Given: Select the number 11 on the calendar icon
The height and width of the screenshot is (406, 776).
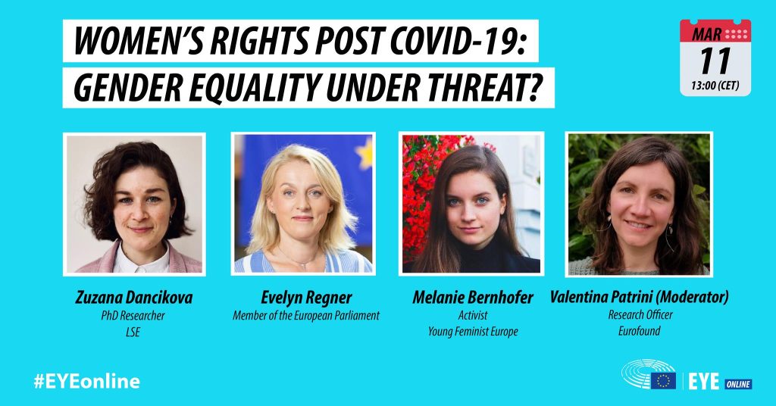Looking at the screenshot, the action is point(715,61).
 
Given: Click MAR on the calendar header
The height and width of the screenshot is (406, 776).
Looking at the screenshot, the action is point(706,34).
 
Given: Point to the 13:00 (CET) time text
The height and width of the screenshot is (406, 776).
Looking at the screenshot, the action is point(715,86).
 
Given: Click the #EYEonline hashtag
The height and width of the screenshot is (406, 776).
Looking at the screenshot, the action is point(86,381).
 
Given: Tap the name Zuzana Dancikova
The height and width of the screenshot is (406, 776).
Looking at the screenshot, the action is point(133,297).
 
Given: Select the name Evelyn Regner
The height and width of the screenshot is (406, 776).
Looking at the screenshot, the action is point(306,298).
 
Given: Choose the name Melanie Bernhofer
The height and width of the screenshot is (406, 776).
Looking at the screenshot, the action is point(473,297).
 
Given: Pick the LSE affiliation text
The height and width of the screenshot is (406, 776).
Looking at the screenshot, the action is point(133,332).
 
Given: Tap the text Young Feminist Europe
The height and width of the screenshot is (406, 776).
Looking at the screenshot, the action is point(473,331).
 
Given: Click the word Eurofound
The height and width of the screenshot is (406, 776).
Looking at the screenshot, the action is point(640,331).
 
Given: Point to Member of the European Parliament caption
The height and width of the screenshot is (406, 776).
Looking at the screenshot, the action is point(306,316).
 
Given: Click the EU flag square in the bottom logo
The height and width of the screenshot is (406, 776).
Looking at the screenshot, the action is point(663,381).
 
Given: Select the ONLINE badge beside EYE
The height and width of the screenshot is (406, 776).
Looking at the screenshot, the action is point(738,384).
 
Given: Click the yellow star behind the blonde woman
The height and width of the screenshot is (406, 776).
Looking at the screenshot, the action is point(365,154).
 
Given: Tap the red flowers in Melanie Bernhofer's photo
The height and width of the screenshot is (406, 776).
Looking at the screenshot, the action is point(421,188).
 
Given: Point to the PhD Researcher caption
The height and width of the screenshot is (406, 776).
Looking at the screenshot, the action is point(133,316).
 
